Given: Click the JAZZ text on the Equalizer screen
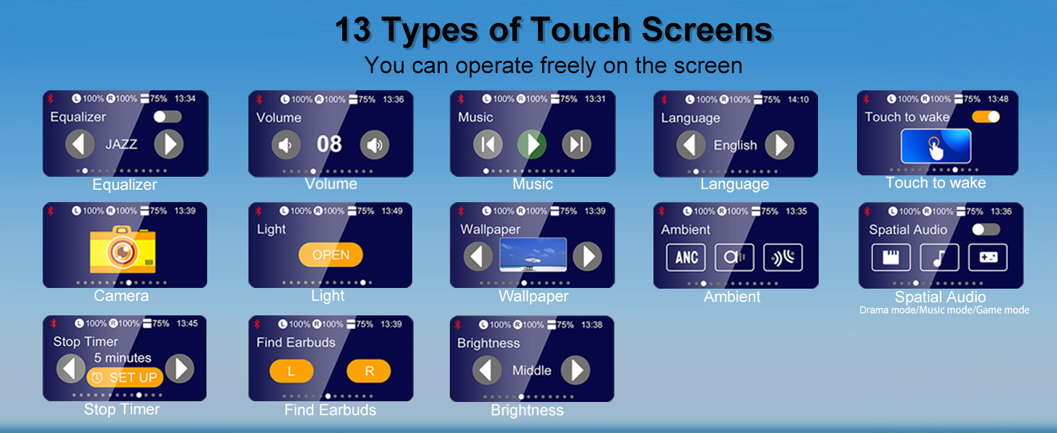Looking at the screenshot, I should click(121, 144).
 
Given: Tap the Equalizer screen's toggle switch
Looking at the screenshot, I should click(168, 116).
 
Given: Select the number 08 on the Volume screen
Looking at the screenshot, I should click(329, 144).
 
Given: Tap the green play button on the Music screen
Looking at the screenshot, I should click(531, 144).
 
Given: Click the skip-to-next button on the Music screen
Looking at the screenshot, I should click(576, 144).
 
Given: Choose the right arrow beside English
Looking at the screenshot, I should click(779, 145).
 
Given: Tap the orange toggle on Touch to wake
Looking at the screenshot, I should click(986, 116).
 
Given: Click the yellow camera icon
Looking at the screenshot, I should click(123, 250).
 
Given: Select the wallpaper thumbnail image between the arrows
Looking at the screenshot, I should click(533, 255).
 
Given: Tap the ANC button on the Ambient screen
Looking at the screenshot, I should click(686, 258).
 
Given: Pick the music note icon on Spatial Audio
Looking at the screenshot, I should click(939, 258).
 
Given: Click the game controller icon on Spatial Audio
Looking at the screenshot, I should click(987, 258).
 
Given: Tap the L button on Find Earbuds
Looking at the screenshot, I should click(292, 371).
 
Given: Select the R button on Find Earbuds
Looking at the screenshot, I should click(369, 371).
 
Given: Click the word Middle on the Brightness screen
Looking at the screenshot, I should click(531, 370).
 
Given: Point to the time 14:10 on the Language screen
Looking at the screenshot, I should click(798, 100).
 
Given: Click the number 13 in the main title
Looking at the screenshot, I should click(352, 30).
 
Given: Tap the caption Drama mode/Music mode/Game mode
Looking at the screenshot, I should click(944, 310).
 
